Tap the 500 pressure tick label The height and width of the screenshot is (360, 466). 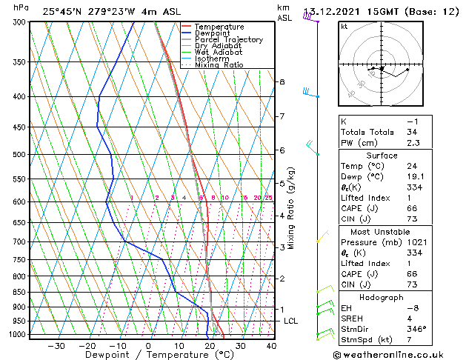click(x=21, y=155)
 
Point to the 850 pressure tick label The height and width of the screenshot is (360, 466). click(x=21, y=293)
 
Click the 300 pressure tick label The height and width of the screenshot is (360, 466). click(x=21, y=22)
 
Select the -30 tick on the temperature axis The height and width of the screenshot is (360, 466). click(x=56, y=346)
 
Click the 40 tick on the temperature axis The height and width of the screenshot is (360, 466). click(x=271, y=346)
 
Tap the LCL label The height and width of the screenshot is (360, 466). click(x=290, y=321)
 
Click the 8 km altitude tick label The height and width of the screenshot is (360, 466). click(x=282, y=81)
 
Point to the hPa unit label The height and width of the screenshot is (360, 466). click(x=21, y=8)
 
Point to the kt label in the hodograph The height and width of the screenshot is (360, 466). click(x=344, y=26)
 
